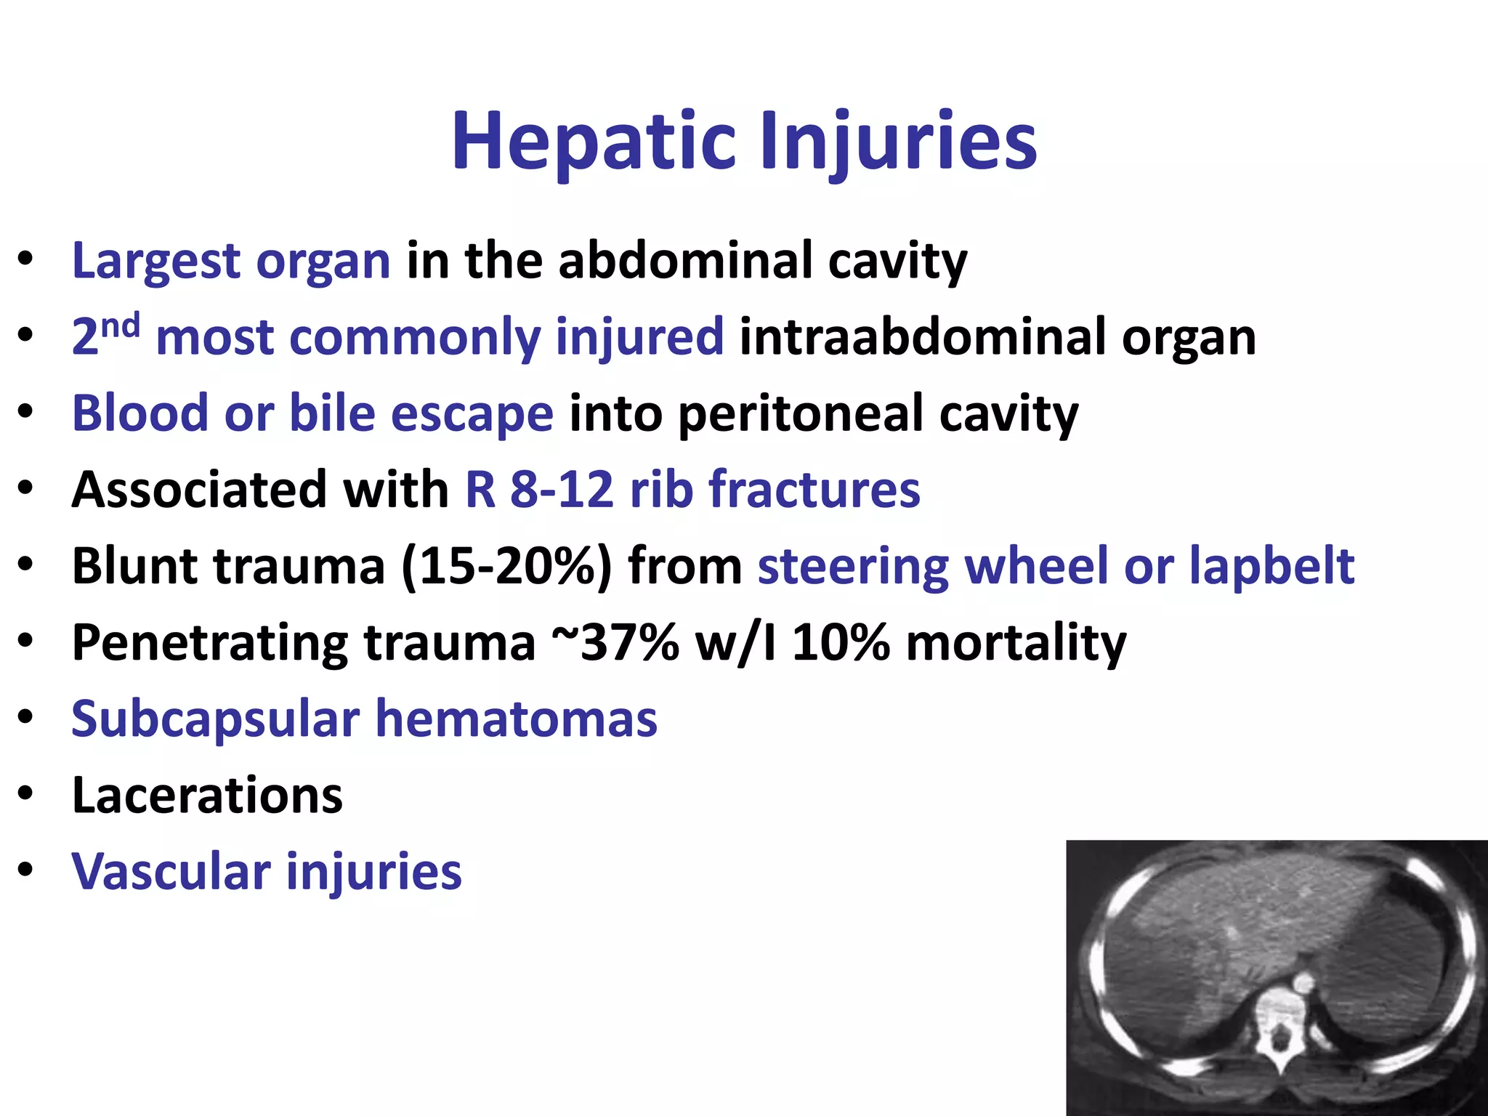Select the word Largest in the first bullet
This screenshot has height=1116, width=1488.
click(155, 262)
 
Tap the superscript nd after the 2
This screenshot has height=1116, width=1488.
click(120, 326)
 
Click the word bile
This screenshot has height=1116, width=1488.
click(332, 413)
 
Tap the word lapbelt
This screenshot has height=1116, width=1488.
click(1271, 566)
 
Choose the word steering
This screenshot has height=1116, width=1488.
click(852, 566)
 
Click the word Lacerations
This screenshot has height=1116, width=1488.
click(207, 796)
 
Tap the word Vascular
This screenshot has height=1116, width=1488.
click(171, 872)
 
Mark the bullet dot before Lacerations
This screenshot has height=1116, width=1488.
click(26, 794)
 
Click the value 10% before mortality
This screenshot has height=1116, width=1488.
click(841, 643)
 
